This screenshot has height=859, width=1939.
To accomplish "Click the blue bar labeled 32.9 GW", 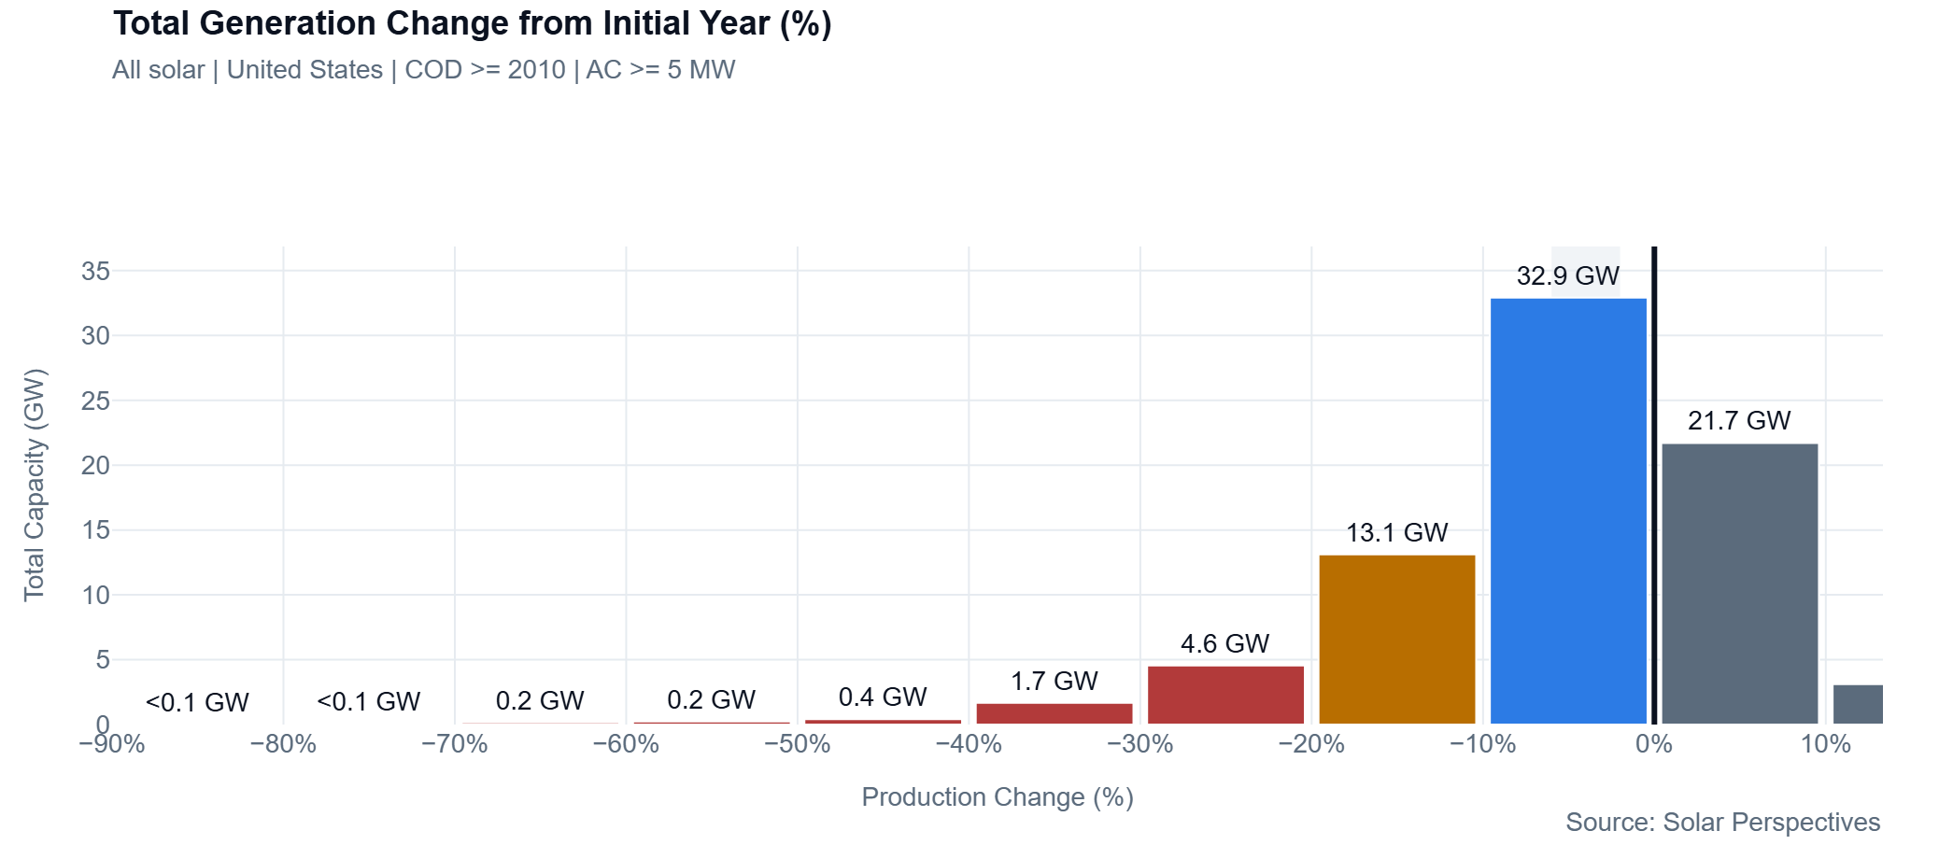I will click(x=1568, y=511).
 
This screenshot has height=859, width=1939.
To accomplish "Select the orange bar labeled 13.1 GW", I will click(x=1396, y=640).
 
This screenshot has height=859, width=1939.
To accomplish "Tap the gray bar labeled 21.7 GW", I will click(x=1739, y=584).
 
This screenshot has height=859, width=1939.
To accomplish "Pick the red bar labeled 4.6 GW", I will click(x=1225, y=695).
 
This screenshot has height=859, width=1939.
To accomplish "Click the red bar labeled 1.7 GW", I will click(x=1054, y=713).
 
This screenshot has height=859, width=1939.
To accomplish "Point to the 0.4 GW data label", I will click(x=882, y=697).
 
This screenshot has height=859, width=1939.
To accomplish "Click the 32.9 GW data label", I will click(x=1568, y=276).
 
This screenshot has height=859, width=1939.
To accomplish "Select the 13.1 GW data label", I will click(x=1396, y=533).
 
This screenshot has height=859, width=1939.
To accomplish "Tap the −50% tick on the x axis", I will click(x=797, y=744).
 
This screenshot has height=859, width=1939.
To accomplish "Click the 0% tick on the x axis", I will click(x=1654, y=744).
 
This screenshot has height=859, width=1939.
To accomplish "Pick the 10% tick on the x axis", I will click(x=1825, y=744).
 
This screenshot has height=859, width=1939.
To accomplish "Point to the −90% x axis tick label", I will click(x=112, y=744).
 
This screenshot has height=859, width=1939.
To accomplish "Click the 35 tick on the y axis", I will click(x=95, y=272).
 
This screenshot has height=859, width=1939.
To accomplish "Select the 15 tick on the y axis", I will click(x=95, y=530).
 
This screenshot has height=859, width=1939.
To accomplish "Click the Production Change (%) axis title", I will click(x=997, y=797).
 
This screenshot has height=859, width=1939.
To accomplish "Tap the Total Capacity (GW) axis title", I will click(x=35, y=485).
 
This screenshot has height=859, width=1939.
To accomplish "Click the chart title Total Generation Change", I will click(x=472, y=23).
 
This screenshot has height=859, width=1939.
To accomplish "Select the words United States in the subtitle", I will click(x=304, y=70).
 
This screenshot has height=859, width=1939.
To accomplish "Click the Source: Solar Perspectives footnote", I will click(x=1722, y=823).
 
